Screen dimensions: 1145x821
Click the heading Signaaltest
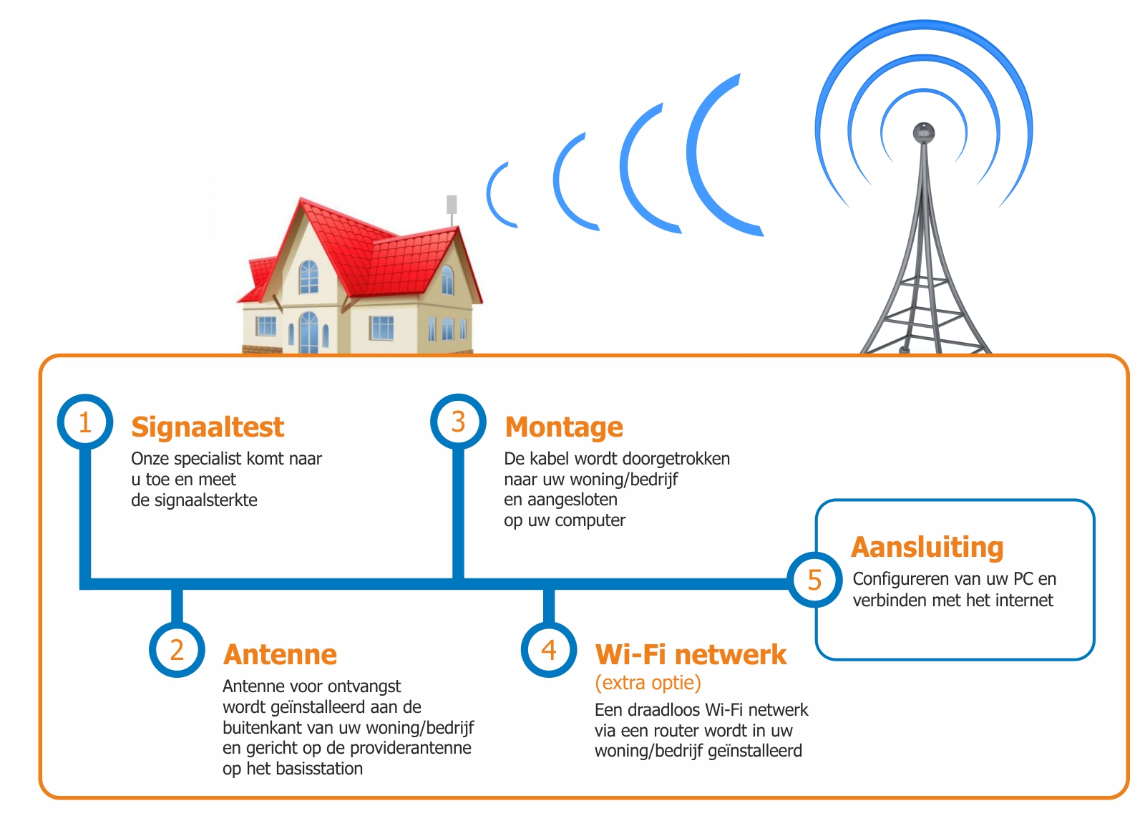click(x=208, y=427)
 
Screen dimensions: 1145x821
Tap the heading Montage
click(x=564, y=427)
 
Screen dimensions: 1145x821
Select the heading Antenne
click(x=280, y=654)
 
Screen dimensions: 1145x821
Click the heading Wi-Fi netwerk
click(x=691, y=654)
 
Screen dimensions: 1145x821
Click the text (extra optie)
click(x=648, y=683)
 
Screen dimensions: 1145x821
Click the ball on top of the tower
click(x=924, y=133)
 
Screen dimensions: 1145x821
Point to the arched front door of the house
click(x=308, y=333)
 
